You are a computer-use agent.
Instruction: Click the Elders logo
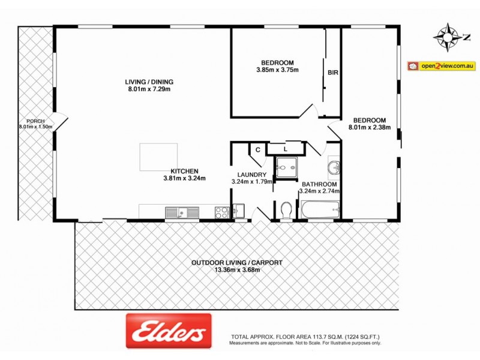click(169, 331)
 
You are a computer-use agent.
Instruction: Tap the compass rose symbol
click(448, 37)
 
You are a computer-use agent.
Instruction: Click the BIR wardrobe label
click(333, 73)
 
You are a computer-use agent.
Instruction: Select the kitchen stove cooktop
click(221, 211)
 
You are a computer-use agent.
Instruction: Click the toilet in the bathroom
click(286, 210)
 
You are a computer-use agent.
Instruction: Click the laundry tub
click(238, 211)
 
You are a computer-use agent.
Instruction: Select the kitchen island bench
click(158, 157)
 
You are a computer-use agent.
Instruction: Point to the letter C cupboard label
click(257, 149)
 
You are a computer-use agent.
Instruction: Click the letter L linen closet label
click(286, 148)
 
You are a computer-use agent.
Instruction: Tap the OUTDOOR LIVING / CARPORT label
click(236, 263)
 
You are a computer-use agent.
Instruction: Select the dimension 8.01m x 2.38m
click(370, 127)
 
